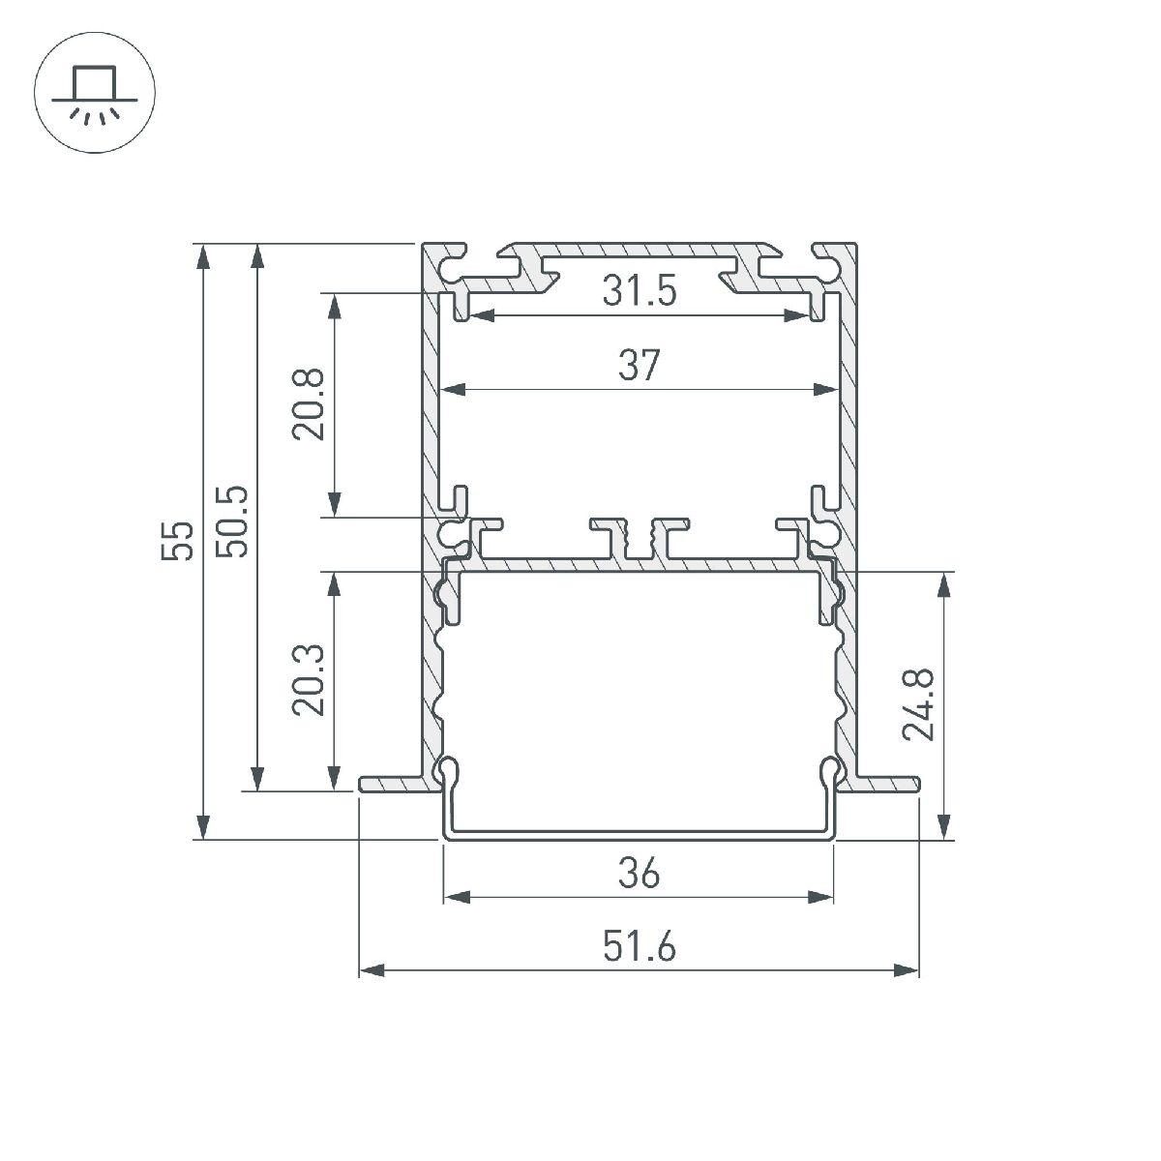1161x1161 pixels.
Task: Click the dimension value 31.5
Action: pos(639,290)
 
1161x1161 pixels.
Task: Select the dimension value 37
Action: pos(639,366)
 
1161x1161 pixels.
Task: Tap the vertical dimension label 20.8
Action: pos(310,406)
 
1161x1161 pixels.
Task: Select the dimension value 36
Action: pos(639,874)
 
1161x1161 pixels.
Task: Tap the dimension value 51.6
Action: pos(639,946)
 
